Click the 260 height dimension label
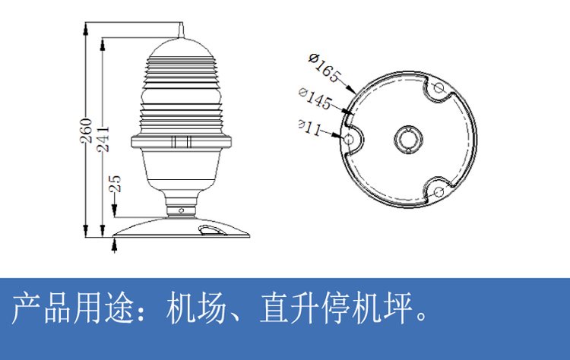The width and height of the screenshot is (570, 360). (x=87, y=131)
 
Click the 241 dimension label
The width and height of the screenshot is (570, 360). (x=103, y=139)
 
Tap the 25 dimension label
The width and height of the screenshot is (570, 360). (x=115, y=184)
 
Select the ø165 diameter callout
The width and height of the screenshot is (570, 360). (x=325, y=68)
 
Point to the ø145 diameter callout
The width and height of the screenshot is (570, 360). (x=315, y=98)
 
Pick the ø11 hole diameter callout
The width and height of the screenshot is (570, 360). (x=310, y=128)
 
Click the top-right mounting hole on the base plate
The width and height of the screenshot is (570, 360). (x=439, y=87)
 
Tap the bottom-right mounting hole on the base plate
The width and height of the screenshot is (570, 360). (x=439, y=191)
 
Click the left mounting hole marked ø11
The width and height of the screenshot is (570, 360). (x=350, y=139)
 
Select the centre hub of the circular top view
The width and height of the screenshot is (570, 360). (x=408, y=139)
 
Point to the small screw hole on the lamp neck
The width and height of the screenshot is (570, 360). (x=181, y=210)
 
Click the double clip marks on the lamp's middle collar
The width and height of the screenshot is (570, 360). (x=181, y=142)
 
